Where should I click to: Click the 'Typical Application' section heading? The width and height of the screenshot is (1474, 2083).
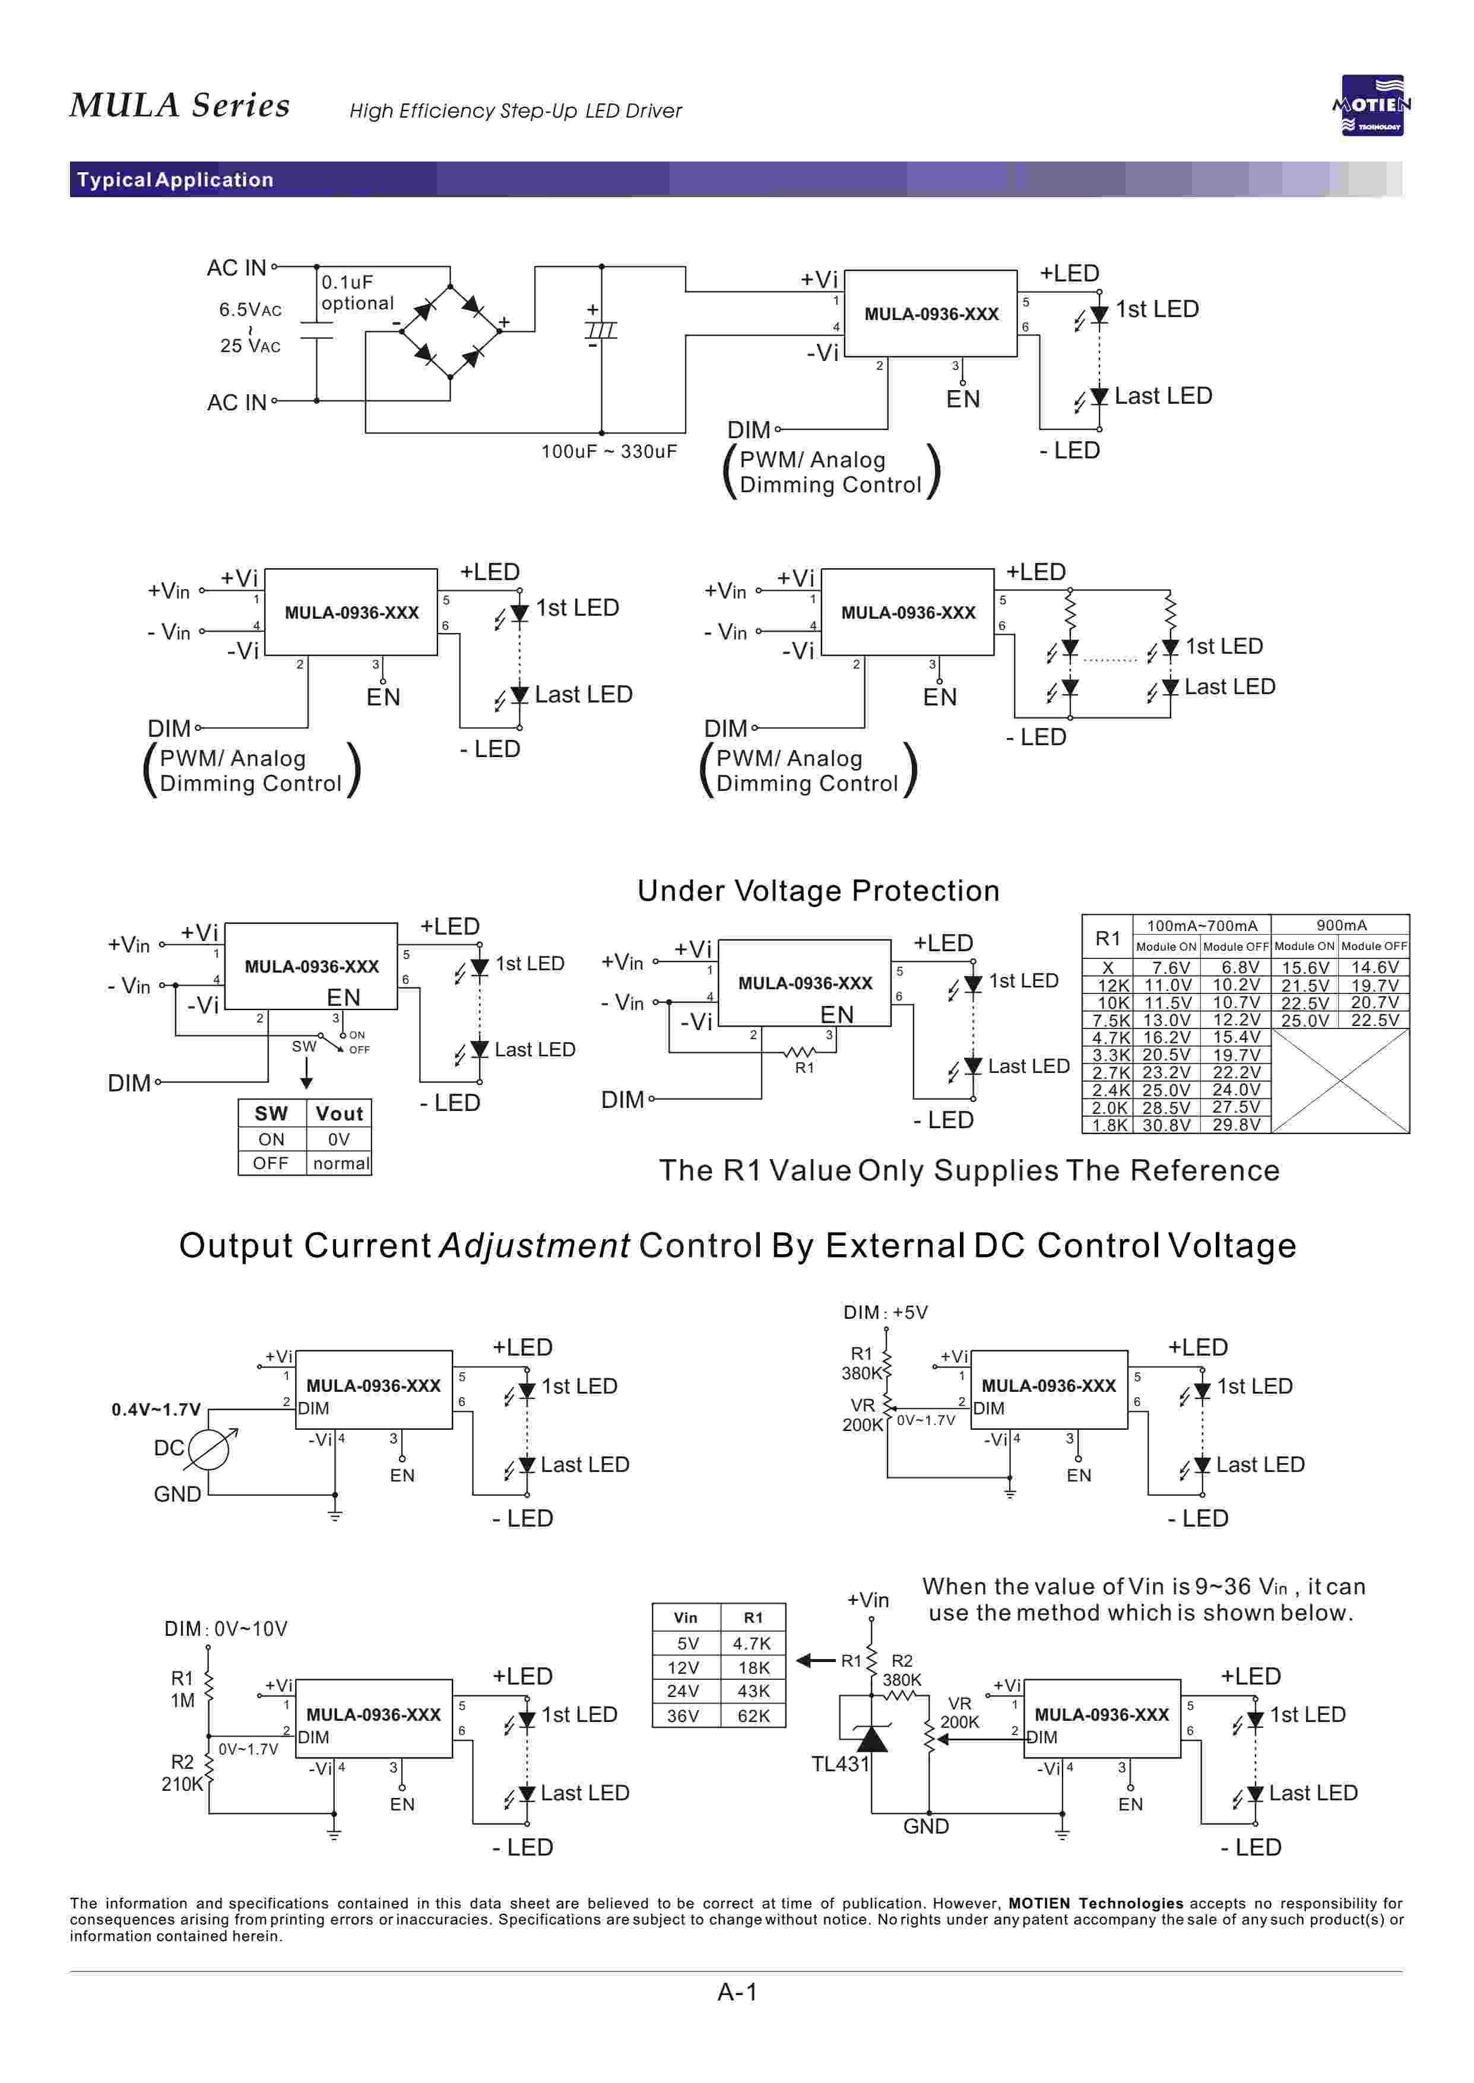(175, 180)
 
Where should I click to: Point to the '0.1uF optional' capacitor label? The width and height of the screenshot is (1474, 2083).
(357, 292)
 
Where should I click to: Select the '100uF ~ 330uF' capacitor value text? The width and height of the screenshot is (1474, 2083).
(609, 451)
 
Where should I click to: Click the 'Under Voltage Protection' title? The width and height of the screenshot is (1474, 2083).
(818, 890)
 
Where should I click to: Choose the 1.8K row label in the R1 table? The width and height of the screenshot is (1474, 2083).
(1109, 1125)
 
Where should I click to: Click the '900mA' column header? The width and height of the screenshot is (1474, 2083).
(1340, 925)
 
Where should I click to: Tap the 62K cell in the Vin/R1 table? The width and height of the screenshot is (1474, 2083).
(753, 1715)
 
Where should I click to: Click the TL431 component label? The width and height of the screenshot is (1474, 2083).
(839, 1764)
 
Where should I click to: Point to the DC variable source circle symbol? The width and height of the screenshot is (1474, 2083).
(208, 1449)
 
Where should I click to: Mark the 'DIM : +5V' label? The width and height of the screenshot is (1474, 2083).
(885, 1312)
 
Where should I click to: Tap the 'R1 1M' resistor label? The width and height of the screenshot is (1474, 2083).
(182, 1689)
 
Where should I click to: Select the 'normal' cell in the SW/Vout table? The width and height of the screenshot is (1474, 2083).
(340, 1164)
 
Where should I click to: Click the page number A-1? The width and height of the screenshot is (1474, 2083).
(737, 1992)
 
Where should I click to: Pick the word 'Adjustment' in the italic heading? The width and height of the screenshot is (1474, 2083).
(535, 1245)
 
